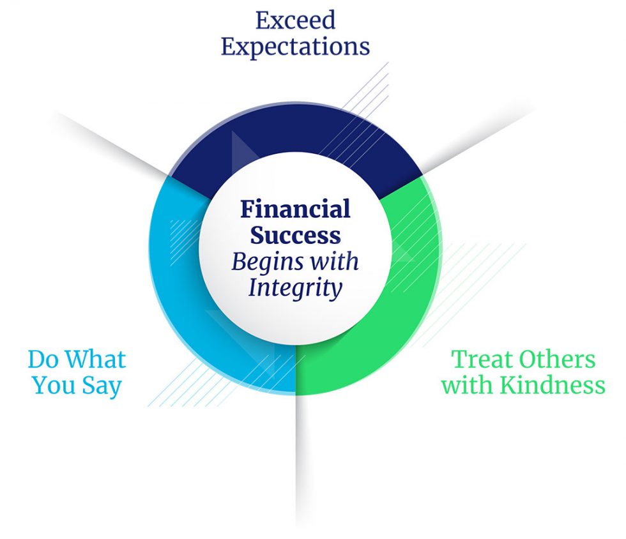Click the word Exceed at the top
coord(295,20)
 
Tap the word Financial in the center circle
coord(295,209)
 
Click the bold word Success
coord(295,235)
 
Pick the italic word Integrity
coord(295,288)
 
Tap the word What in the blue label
coord(96,360)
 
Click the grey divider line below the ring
coord(296,460)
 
